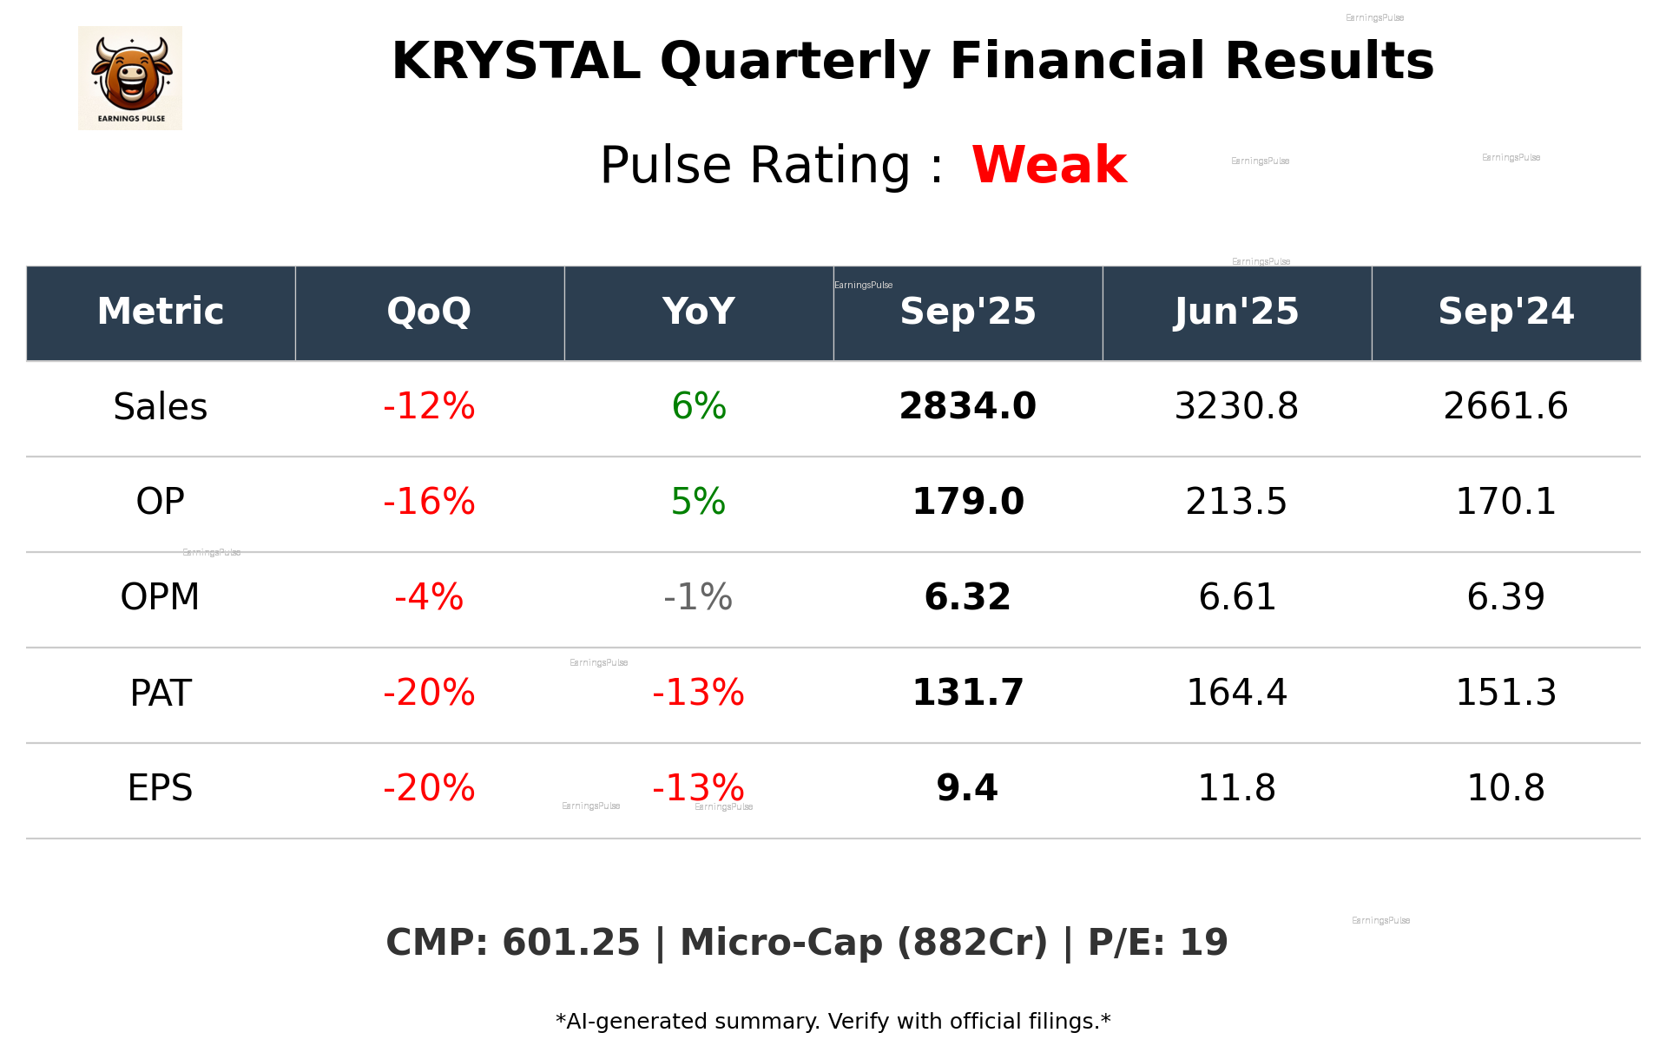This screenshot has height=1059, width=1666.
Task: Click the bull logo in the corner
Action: pyautogui.click(x=130, y=77)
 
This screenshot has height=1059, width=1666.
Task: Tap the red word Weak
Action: pyautogui.click(x=1049, y=165)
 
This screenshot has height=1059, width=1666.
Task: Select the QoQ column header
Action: pyautogui.click(x=429, y=312)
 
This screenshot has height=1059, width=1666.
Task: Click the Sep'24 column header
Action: pyautogui.click(x=1505, y=312)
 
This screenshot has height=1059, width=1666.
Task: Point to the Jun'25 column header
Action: pyautogui.click(x=1236, y=312)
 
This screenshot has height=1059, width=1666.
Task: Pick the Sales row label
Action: pyautogui.click(x=161, y=407)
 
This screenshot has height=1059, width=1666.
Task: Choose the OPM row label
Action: pyautogui.click(x=160, y=597)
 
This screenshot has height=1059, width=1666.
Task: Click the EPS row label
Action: pyautogui.click(x=160, y=788)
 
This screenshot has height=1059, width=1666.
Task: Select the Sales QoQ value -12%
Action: pyautogui.click(x=429, y=406)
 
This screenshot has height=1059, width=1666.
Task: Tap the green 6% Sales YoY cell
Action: pyautogui.click(x=699, y=406)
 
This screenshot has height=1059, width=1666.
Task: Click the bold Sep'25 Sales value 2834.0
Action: pyautogui.click(x=967, y=406)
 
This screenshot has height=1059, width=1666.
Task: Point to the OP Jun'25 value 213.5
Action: pyautogui.click(x=1236, y=502)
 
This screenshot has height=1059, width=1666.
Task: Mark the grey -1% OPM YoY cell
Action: pyautogui.click(x=698, y=597)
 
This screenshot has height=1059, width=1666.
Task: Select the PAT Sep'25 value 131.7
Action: pyautogui.click(x=967, y=693)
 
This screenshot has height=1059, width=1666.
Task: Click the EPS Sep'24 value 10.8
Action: pyautogui.click(x=1505, y=788)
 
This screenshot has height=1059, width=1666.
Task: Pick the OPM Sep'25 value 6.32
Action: pyautogui.click(x=967, y=597)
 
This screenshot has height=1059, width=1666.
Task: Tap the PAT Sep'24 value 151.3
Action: pyautogui.click(x=1505, y=693)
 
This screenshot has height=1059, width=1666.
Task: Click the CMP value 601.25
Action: pyautogui.click(x=570, y=943)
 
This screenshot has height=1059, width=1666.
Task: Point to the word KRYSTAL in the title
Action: pyautogui.click(x=516, y=62)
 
